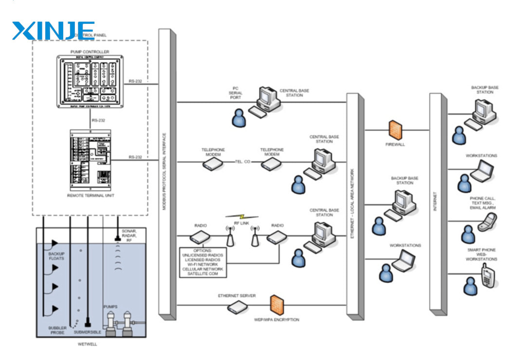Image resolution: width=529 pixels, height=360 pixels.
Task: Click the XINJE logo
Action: (x=54, y=31)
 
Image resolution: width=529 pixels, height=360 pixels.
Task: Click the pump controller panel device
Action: (x=91, y=81)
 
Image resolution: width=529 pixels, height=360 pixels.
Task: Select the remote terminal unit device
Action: (x=91, y=160)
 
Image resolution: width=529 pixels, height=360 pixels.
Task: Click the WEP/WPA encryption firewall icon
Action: (x=277, y=305)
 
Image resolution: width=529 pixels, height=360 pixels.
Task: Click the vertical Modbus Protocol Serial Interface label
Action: (x=164, y=171)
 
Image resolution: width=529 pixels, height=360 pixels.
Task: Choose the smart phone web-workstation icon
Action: (x=487, y=276)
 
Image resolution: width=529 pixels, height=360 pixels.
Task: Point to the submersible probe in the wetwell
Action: (x=88, y=322)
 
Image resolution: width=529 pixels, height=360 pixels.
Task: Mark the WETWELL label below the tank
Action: (x=88, y=344)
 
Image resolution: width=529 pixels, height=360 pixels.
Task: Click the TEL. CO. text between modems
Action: (x=242, y=162)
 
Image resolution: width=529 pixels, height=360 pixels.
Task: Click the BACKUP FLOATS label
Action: (x=56, y=256)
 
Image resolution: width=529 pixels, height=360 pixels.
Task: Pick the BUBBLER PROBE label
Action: (x=56, y=330)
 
